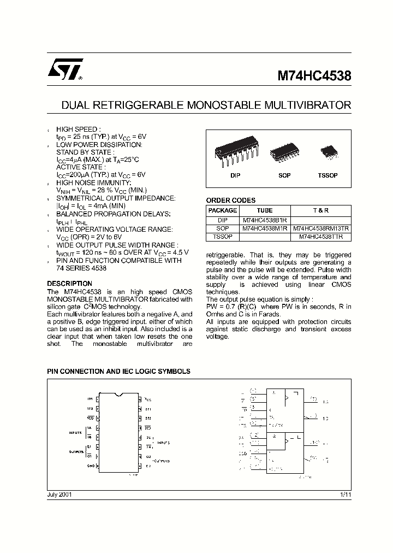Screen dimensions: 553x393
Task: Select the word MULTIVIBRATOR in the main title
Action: point(309,104)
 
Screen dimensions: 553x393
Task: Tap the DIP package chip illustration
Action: point(235,153)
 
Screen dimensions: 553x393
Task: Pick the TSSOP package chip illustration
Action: point(327,151)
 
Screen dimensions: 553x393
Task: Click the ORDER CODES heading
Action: point(230,201)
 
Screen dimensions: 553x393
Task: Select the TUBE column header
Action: point(265,210)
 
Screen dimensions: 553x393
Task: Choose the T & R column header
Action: point(321,210)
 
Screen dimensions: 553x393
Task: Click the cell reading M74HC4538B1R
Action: point(265,220)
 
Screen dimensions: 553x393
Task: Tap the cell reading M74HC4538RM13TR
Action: point(321,228)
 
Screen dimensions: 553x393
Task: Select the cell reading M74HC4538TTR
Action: point(321,237)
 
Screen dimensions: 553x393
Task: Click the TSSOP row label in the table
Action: point(223,237)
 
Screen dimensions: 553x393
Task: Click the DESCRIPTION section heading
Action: point(69,284)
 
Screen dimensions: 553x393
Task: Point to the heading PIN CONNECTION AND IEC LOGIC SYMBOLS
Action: point(118,371)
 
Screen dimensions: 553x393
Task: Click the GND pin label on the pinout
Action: point(90,466)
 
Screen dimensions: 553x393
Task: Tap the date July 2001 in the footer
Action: point(59,494)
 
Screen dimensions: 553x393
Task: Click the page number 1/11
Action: point(346,494)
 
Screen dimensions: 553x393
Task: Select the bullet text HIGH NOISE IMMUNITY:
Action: point(93,183)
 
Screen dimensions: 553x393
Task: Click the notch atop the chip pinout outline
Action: point(119,393)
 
